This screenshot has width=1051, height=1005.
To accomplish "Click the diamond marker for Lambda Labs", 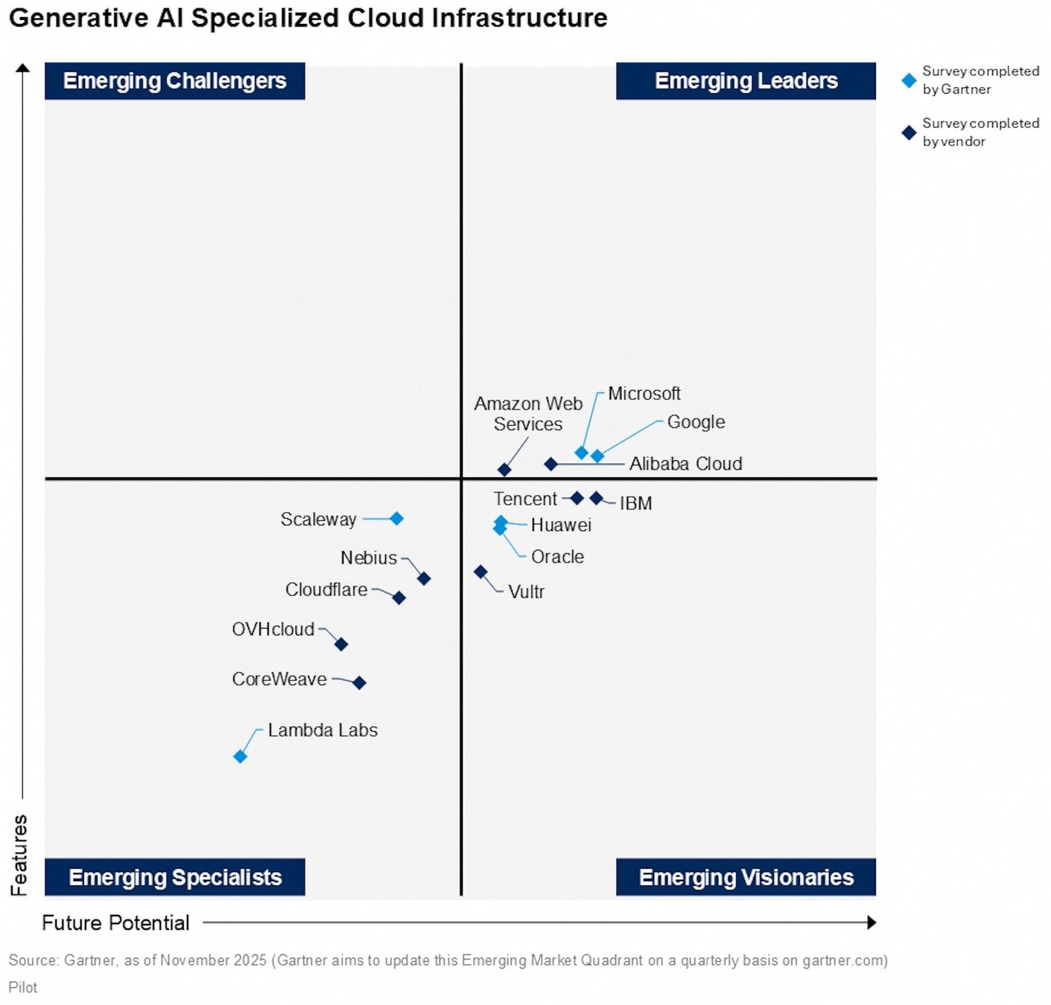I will point(240,756).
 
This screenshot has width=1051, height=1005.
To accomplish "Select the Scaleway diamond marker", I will point(396,519).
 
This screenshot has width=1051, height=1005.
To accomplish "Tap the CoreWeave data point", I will point(359,683).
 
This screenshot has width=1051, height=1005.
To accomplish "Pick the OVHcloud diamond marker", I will point(341,644).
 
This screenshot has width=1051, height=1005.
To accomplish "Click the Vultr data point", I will point(481,572).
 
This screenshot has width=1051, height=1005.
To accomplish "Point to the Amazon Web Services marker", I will point(504,470).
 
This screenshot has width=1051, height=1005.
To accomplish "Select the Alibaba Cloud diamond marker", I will point(550,464).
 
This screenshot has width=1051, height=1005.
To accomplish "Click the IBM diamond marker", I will point(596,498).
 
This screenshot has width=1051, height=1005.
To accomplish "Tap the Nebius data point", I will point(424,578).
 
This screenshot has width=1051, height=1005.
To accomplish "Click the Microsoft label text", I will point(644,394).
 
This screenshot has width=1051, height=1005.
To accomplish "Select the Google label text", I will point(696,422).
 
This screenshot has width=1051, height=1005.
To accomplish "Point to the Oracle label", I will point(557,557).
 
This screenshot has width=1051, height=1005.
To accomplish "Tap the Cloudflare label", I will point(326,590).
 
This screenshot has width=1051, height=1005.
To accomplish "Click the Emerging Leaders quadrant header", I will point(746,80).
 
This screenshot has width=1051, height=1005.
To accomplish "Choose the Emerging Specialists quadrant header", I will point(175,877).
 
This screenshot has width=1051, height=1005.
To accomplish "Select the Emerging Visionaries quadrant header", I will point(746,877).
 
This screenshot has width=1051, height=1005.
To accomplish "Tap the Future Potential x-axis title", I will point(115,923).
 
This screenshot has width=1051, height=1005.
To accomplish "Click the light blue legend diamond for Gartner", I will point(909,80).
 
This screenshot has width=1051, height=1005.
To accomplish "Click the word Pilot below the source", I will point(23,987).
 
